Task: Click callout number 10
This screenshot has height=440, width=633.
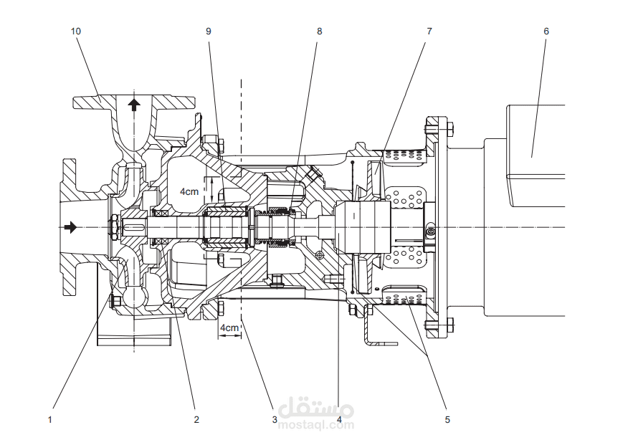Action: (x=76, y=32)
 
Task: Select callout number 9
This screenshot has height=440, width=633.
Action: (x=209, y=32)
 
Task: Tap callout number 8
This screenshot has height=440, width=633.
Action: (x=319, y=32)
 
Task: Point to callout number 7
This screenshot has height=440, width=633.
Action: (x=429, y=32)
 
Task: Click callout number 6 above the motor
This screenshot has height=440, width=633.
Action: (x=546, y=32)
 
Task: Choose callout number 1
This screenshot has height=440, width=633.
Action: (x=49, y=419)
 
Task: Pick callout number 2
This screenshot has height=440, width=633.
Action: (x=196, y=419)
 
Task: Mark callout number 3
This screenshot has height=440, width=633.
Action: (x=274, y=419)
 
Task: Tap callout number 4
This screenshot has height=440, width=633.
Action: (x=338, y=419)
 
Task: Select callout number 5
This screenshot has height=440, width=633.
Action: (x=447, y=419)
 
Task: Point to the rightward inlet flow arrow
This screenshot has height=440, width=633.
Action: (x=70, y=227)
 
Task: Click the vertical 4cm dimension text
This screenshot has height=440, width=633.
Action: (x=189, y=191)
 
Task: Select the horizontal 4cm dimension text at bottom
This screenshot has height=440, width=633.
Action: (x=229, y=327)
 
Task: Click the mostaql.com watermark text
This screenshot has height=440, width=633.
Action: (x=316, y=424)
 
